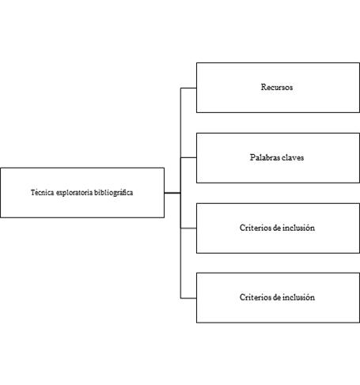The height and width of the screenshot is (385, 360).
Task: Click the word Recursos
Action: click(277, 87)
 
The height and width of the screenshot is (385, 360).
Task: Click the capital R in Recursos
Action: click(263, 87)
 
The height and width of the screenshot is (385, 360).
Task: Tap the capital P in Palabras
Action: click(252, 157)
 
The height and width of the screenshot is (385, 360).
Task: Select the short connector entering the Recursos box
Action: click(188, 88)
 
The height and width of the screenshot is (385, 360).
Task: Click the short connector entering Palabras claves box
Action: click(188, 157)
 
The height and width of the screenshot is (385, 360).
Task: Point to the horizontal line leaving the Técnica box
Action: click(172, 193)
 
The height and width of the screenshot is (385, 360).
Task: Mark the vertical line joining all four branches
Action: click(180, 193)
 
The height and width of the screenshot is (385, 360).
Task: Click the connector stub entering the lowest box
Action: click(188, 298)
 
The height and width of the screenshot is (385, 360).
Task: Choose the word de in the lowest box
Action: click(277, 297)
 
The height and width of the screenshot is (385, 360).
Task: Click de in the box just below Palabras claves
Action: click(277, 228)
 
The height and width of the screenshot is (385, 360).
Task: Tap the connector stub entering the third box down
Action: click(188, 228)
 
